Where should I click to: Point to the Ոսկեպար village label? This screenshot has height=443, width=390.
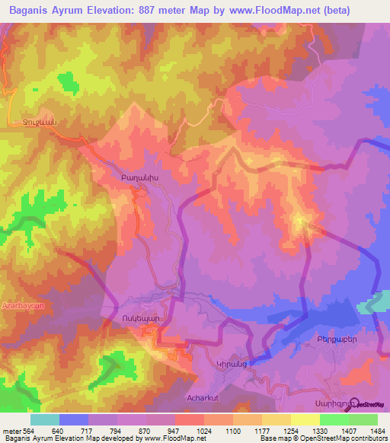[x=137, y=318]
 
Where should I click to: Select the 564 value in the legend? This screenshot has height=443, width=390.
[x=27, y=430]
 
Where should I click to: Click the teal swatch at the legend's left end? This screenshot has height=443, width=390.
[x=45, y=419]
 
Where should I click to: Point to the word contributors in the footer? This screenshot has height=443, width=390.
[x=371, y=438]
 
